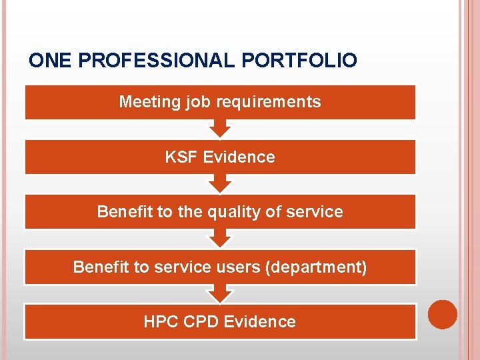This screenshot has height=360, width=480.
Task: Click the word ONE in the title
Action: (x=51, y=61)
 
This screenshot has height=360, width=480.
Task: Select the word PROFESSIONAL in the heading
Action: (x=157, y=61)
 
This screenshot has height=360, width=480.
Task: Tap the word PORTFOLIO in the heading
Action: (x=299, y=61)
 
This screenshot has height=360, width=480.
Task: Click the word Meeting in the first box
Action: (x=141, y=102)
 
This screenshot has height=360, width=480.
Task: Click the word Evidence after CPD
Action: (x=259, y=322)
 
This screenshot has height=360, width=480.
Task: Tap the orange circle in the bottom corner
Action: (x=442, y=315)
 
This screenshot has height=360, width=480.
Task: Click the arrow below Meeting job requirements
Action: (x=220, y=128)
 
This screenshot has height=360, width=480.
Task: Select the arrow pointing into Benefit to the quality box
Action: (x=220, y=183)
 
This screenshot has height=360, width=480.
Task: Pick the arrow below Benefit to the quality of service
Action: (x=220, y=238)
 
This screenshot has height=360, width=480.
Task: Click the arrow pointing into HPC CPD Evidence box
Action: (x=220, y=293)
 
